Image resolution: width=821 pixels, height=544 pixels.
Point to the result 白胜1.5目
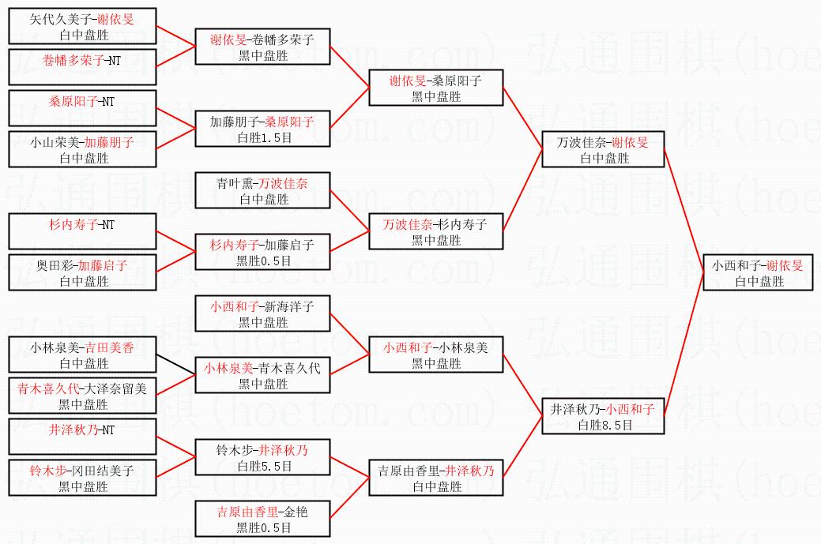[263, 137]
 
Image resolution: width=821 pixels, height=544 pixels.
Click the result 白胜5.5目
[263, 467]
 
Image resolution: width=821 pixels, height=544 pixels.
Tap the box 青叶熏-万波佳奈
[263, 191]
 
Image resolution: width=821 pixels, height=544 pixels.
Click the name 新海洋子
[288, 306]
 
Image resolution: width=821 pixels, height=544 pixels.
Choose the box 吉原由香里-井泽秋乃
[436, 478]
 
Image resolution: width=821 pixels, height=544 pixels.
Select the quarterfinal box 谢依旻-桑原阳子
[436, 88]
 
